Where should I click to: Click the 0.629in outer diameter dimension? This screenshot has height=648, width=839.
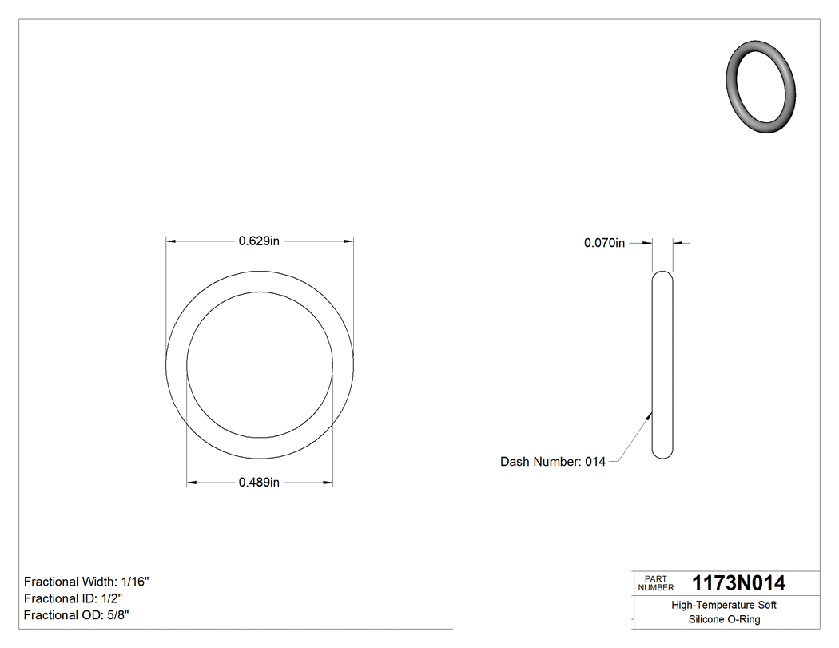coord(259,241)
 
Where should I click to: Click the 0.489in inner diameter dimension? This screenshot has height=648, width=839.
coord(259,482)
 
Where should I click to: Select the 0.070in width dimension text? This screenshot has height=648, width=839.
coord(604,243)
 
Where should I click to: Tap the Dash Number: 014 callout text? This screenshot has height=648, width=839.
coord(552,462)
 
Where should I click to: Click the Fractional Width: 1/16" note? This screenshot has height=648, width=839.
coord(86,582)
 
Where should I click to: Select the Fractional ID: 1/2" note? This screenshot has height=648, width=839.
coord(73,598)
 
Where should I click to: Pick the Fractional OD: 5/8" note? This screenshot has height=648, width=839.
coord(77,615)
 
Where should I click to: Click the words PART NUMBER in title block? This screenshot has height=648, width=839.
coord(651,583)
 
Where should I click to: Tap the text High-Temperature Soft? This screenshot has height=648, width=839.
coord(724,606)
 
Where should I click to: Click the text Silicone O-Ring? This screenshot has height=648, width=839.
coord(724,620)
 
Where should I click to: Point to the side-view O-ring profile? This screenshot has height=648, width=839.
coord(662,365)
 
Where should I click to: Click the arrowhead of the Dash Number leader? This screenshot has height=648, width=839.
coord(650,415)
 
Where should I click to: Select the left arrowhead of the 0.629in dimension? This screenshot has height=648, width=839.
coord(170,241)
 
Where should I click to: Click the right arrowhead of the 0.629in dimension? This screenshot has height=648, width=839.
coord(348,241)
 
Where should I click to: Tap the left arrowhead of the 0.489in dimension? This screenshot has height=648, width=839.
coord(192,482)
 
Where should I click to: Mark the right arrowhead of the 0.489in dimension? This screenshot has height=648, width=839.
coord(328,482)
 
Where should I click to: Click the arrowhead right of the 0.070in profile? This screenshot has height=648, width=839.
coord(677,243)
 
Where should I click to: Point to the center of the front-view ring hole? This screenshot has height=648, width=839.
coord(260,365)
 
